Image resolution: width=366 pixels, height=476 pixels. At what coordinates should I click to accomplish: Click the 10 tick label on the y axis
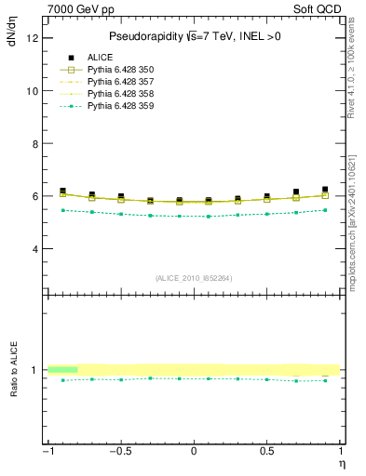click(34, 91)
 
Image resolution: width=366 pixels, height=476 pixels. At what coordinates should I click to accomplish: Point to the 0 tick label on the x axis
click(194, 453)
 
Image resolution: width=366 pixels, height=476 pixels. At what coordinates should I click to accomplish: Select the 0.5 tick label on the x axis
click(266, 453)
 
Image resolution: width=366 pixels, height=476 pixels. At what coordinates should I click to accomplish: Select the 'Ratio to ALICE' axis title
click(13, 370)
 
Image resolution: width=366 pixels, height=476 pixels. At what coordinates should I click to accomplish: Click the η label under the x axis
click(340, 463)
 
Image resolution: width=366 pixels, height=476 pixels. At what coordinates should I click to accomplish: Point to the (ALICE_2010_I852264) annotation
click(194, 278)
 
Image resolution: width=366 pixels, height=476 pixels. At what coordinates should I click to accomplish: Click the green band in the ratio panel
click(62, 370)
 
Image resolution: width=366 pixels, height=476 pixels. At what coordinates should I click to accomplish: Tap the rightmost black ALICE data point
click(325, 190)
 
